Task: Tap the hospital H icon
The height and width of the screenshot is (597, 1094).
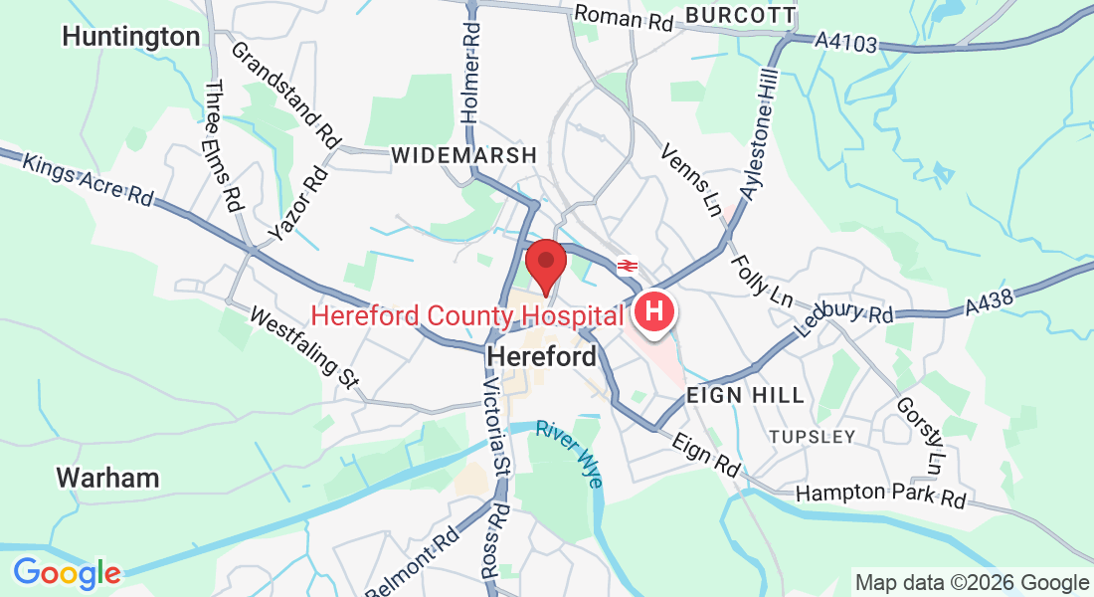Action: coord(654,311)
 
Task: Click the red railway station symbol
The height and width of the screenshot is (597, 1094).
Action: coord(628,266)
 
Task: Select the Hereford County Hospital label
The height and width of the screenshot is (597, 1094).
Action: coord(467,316)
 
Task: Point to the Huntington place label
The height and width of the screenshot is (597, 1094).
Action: coord(130,37)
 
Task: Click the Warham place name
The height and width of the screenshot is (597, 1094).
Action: coord(107,478)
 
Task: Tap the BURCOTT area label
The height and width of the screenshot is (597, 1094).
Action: coord(741,15)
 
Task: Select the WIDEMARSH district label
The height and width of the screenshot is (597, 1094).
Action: coord(463,155)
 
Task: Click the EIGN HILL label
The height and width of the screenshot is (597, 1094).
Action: coord(745,395)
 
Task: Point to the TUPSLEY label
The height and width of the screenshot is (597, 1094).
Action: coord(812,437)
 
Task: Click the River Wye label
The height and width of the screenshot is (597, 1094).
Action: coord(569,454)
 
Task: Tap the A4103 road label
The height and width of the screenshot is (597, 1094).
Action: coord(847,42)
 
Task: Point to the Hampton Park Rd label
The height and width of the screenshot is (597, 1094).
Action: coord(880,494)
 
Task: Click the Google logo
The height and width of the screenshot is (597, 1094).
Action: coord(67,573)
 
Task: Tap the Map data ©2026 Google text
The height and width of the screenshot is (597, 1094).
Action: coord(972,583)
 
